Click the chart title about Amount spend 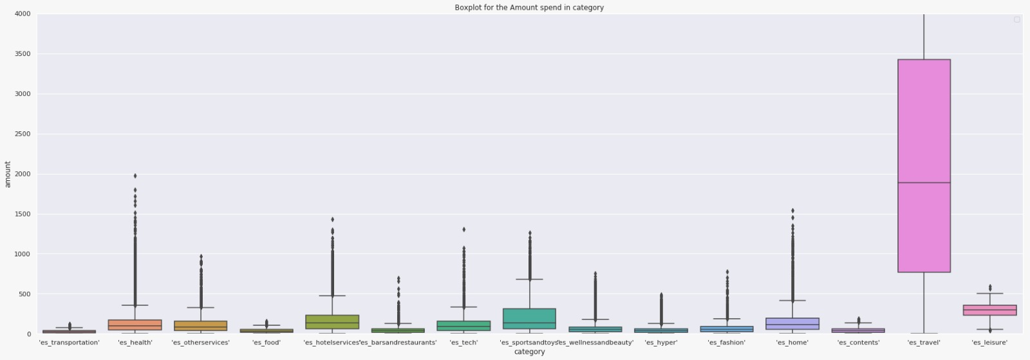coord(529,8)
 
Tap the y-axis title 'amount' coord(8,174)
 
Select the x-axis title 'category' coord(529,352)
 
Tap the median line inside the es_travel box coord(924,183)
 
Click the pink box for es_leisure coord(989,310)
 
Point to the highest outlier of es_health coord(135,176)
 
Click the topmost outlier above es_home coord(792,211)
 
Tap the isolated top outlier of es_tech coord(464,229)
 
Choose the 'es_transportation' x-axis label coord(70,343)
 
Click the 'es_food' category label coord(267,343)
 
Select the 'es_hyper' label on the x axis coord(661,343)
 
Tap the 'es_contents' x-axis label coord(858,343)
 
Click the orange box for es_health coord(135,325)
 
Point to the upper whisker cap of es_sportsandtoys coord(529,279)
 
